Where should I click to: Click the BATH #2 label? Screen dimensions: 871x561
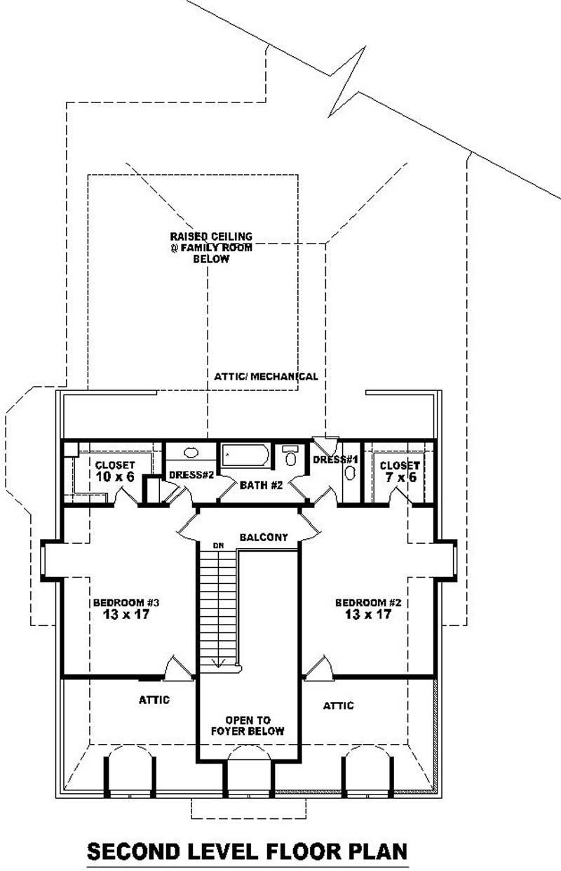click(261, 485)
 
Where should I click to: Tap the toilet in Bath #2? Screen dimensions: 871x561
click(290, 456)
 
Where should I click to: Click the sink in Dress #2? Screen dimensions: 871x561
click(190, 453)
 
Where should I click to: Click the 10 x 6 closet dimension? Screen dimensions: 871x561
click(114, 477)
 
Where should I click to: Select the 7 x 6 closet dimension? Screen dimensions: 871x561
click(399, 477)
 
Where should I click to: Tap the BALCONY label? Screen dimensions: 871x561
click(264, 538)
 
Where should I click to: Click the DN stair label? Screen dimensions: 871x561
click(219, 545)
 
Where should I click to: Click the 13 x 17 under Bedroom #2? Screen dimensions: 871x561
click(367, 615)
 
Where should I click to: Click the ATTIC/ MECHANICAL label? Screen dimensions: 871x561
click(266, 376)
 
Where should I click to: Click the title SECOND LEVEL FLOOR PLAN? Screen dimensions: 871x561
click(246, 851)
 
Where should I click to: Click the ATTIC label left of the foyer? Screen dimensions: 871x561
click(154, 700)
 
